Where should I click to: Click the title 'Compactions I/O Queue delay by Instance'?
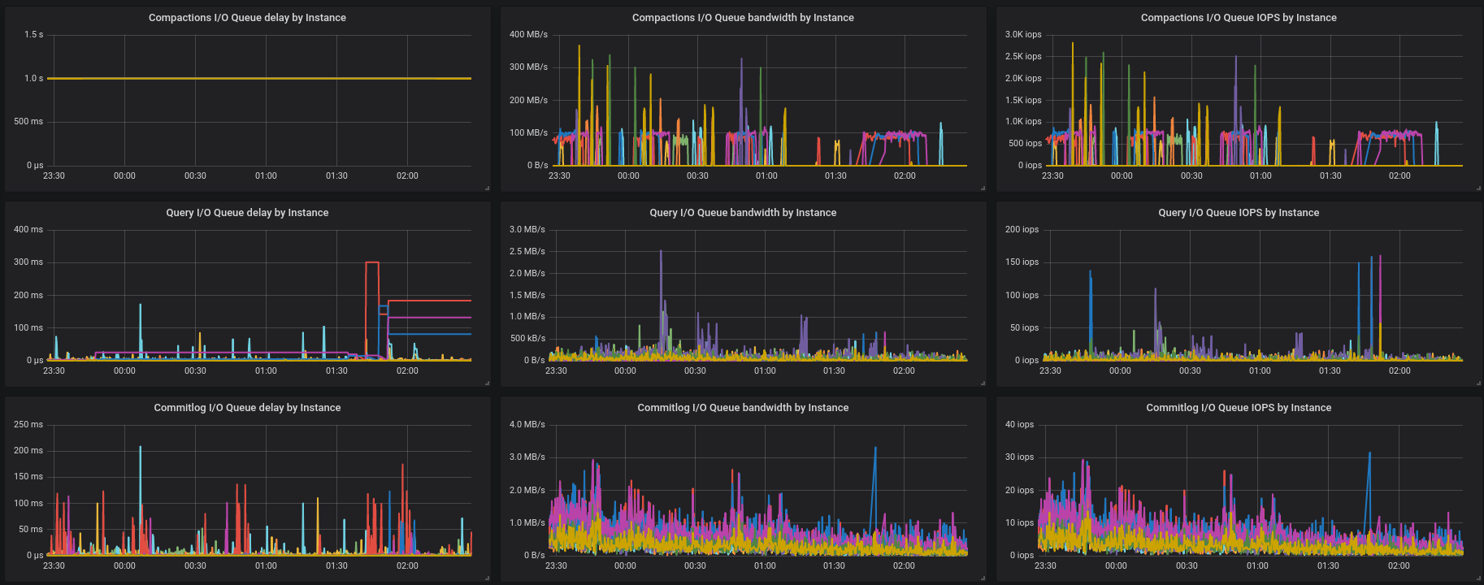click(x=247, y=17)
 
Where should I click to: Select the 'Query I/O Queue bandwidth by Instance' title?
click(x=743, y=212)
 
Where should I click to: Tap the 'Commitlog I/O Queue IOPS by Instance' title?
click(x=1239, y=407)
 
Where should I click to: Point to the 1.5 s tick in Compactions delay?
click(x=33, y=35)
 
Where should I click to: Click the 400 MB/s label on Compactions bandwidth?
click(x=528, y=35)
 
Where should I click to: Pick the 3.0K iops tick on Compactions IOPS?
click(x=1022, y=35)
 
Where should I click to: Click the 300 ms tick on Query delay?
click(x=28, y=262)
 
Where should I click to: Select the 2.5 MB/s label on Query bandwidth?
click(x=527, y=252)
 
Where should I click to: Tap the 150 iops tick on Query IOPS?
click(x=1022, y=262)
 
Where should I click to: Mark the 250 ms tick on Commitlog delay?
click(x=28, y=425)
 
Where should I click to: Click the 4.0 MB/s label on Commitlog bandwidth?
click(x=527, y=425)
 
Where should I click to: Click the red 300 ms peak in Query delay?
click(x=372, y=262)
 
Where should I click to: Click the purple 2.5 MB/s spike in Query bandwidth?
click(x=661, y=253)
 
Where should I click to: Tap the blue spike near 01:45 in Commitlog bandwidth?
click(x=875, y=449)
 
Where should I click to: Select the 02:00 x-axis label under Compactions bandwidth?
click(x=905, y=175)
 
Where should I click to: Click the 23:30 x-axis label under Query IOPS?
click(x=1050, y=370)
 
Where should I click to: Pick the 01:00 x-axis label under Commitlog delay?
click(x=266, y=565)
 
